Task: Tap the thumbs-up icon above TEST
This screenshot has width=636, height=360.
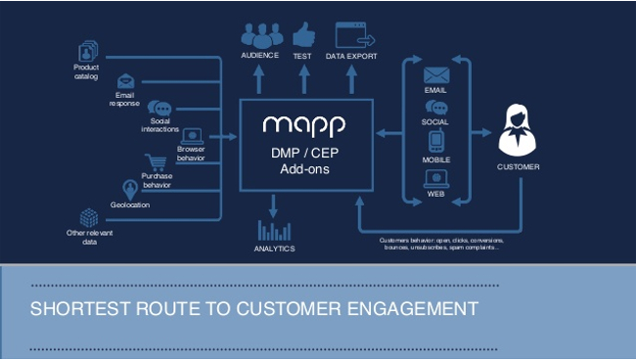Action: pos(302,34)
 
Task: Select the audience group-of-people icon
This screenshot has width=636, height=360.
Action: pos(259,35)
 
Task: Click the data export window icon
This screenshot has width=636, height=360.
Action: pos(355,35)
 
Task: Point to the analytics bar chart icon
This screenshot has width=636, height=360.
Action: pos(274,230)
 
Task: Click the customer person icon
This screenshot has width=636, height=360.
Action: pos(518,132)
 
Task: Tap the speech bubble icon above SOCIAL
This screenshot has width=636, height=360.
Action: pos(435,108)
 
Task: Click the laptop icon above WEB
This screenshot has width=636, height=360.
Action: pos(435,178)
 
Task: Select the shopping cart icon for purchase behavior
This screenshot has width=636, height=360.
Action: pos(155,163)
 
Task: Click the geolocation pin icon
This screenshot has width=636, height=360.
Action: pos(129,189)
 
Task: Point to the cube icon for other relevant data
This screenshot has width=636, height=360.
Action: pos(89,217)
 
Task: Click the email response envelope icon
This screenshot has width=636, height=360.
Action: pos(125,81)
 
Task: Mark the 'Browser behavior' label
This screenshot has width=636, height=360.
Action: pos(191,153)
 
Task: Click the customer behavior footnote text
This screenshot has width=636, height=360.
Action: pos(441,244)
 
